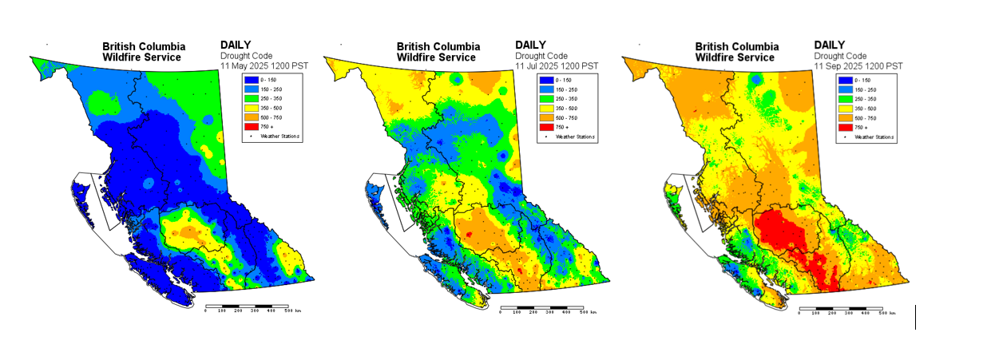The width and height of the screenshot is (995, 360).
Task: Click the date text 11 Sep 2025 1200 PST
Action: click(x=858, y=65)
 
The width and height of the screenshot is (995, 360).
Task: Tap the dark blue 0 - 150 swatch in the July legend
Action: click(x=545, y=80)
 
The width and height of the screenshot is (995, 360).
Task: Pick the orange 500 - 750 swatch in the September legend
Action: click(x=844, y=118)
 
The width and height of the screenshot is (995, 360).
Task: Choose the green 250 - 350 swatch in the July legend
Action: click(x=545, y=99)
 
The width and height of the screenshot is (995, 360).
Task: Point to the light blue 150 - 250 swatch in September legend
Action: click(x=844, y=89)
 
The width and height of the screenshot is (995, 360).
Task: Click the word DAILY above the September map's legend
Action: click(x=830, y=45)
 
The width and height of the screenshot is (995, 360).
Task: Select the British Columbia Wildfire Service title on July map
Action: click(x=437, y=52)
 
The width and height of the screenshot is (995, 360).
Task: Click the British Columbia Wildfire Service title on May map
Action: click(x=141, y=52)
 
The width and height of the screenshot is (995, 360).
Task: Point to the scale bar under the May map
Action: click(x=247, y=306)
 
